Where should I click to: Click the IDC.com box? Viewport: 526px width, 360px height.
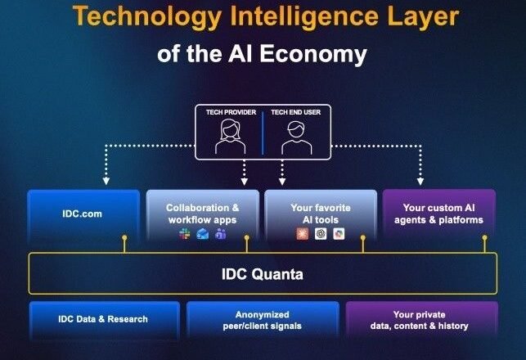(x=83, y=214)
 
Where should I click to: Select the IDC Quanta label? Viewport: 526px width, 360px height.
(x=263, y=274)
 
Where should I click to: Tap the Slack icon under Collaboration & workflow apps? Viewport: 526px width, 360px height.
(x=185, y=233)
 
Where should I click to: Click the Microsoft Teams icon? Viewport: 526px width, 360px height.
(x=220, y=233)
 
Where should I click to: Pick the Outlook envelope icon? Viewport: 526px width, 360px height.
(x=203, y=233)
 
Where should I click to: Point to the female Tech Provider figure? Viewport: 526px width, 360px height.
(x=230, y=137)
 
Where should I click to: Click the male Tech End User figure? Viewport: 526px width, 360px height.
(x=297, y=137)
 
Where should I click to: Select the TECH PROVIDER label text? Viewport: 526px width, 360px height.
(x=232, y=112)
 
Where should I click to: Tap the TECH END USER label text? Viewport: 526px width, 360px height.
(x=296, y=112)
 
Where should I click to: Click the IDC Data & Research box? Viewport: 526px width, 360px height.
(x=105, y=320)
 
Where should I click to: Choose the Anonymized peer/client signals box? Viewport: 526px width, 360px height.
(x=263, y=320)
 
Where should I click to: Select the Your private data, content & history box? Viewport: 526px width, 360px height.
(x=421, y=320)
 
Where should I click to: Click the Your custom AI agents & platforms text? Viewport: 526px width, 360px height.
(x=438, y=214)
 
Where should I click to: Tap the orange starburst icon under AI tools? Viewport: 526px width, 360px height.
(x=303, y=233)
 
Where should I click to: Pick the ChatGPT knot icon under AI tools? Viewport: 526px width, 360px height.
(x=321, y=233)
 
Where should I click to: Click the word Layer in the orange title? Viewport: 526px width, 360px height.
(x=423, y=17)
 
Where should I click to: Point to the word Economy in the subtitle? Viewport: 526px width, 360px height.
(x=313, y=55)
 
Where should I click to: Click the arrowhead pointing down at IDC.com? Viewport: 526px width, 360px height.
(x=106, y=181)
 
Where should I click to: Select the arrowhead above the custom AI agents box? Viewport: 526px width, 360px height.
(x=420, y=182)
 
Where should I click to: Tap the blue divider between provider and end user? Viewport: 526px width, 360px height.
(x=263, y=133)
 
